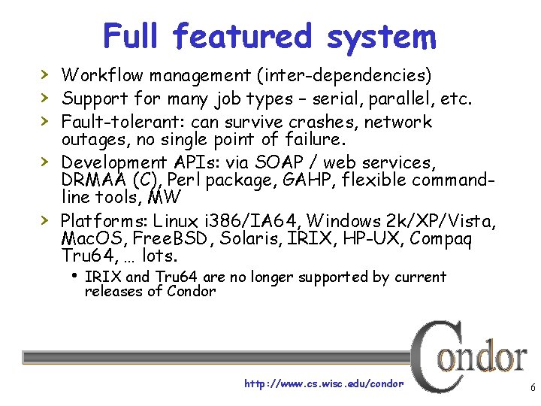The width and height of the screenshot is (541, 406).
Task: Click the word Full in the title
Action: tap(132, 35)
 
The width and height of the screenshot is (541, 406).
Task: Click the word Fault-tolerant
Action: tap(123, 122)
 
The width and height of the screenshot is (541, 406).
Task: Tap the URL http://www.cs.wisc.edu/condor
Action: tap(323, 383)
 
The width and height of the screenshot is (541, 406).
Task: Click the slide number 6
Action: tap(532, 389)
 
